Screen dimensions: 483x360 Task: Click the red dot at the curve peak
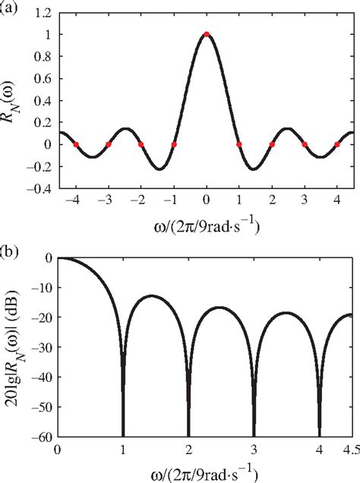tap(206, 34)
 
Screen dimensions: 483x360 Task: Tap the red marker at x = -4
tap(75, 144)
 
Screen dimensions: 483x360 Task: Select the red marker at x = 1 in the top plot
tap(238, 144)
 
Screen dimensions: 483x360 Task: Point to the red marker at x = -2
tap(141, 144)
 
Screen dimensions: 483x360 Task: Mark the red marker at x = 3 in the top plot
tap(304, 144)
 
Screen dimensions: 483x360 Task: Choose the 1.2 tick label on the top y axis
tap(43, 13)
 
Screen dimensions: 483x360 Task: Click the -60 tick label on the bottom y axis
tap(39, 436)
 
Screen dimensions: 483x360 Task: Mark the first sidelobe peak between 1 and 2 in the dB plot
tap(154, 295)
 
